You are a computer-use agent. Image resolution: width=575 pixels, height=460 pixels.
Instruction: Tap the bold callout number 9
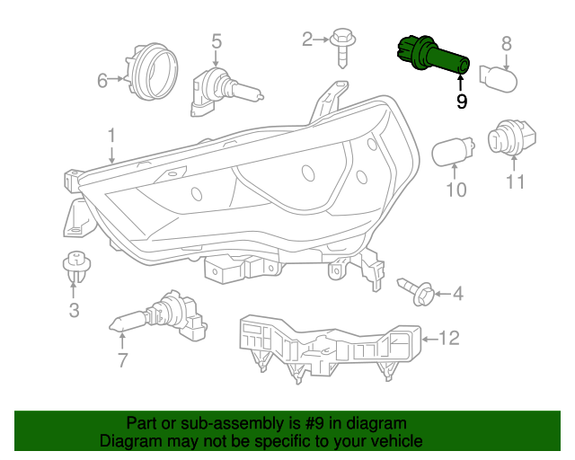[462, 102]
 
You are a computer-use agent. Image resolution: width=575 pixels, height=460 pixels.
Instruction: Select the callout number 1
[111, 136]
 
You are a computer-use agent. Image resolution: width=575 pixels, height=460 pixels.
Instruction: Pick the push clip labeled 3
[76, 267]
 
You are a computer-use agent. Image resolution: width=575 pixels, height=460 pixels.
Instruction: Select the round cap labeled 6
[151, 72]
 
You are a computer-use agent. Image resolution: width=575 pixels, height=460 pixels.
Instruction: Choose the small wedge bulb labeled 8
[498, 79]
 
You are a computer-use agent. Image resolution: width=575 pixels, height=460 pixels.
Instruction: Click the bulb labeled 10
[453, 151]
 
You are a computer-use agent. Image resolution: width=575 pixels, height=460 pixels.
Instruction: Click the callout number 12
[449, 338]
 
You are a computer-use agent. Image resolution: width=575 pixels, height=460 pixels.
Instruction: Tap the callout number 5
[217, 41]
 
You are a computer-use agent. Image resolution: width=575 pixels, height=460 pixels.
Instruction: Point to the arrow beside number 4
[443, 294]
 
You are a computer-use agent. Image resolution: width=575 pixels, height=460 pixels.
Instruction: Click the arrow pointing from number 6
[116, 78]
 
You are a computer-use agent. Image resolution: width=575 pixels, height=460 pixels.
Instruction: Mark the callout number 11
[515, 181]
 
